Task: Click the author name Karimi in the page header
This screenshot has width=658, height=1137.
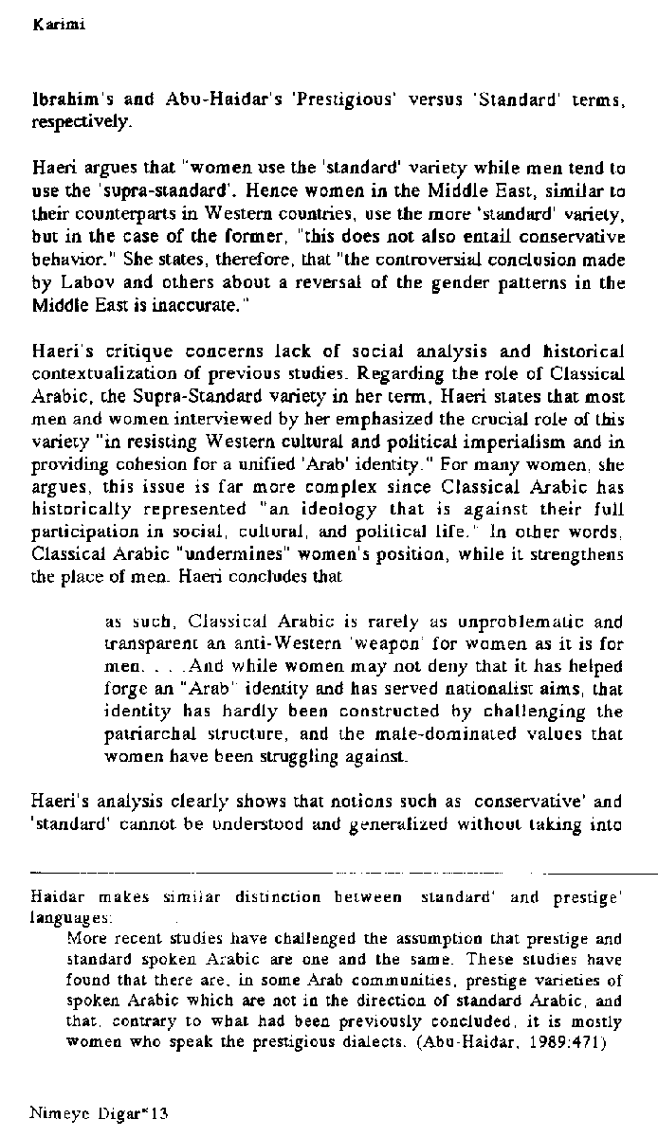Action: tap(52, 26)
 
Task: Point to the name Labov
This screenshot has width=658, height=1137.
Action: tap(90, 281)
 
